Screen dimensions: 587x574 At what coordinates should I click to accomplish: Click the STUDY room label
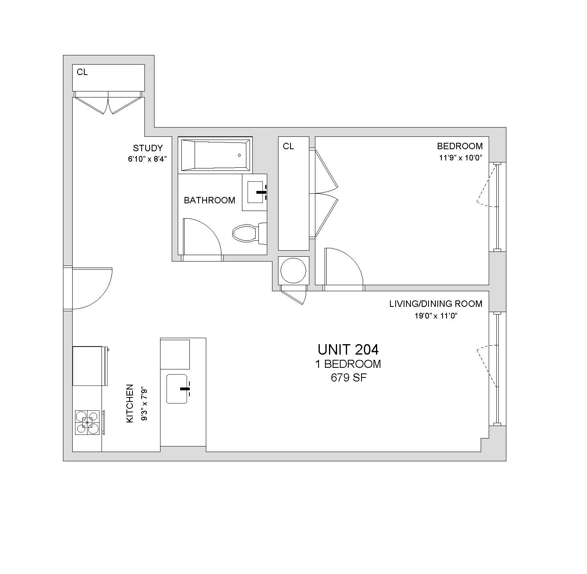click(x=148, y=148)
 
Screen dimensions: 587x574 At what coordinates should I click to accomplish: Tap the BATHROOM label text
click(x=209, y=200)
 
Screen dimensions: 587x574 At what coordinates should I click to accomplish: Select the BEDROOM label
click(x=460, y=146)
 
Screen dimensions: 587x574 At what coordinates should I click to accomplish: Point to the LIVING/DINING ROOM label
click(x=436, y=304)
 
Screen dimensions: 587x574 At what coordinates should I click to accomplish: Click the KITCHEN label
click(x=130, y=403)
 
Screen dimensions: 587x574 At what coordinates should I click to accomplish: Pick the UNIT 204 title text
click(x=348, y=350)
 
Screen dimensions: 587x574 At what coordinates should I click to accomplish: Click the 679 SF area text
click(x=348, y=377)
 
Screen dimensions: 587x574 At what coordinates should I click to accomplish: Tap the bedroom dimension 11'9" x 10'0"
click(x=461, y=158)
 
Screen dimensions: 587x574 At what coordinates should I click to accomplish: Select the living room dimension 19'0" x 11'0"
click(x=436, y=316)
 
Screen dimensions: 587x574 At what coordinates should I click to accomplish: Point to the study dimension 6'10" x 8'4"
click(x=148, y=159)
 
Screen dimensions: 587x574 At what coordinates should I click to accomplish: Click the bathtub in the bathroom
click(x=215, y=155)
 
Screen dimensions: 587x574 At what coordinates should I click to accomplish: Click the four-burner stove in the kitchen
click(x=87, y=422)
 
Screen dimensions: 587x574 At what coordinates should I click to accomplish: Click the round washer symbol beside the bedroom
click(x=293, y=270)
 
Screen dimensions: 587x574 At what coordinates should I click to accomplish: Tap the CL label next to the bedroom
click(x=288, y=146)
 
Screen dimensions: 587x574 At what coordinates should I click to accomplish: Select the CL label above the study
click(x=82, y=72)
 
